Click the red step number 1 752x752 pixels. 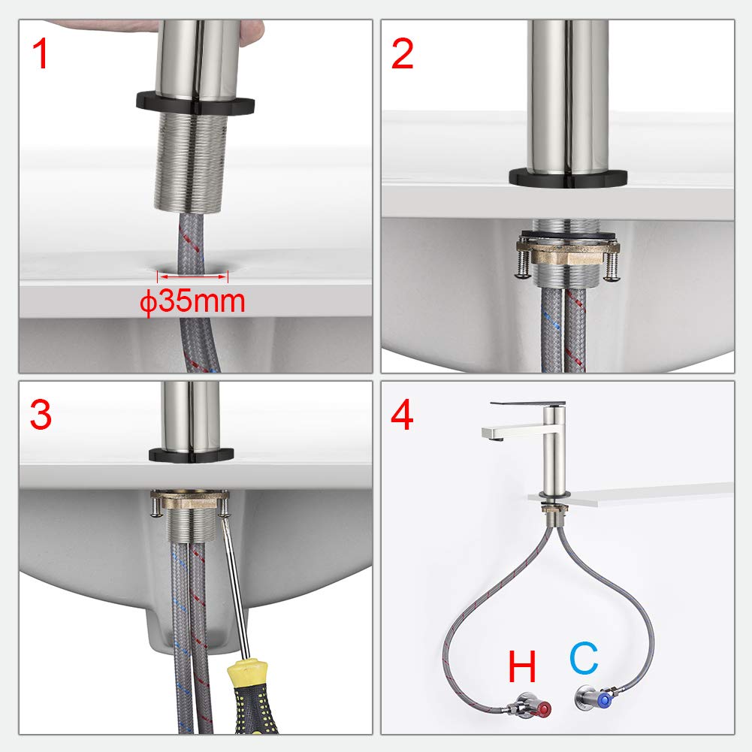[x=41, y=53]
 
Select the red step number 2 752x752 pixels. [x=402, y=53]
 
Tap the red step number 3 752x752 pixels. [x=41, y=415]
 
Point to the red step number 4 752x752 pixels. [x=402, y=415]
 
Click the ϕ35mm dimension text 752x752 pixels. [x=192, y=302]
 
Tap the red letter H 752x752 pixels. [x=522, y=666]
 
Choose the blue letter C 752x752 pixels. [x=584, y=658]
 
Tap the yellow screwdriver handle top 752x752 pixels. [x=246, y=672]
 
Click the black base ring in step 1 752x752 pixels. [x=195, y=103]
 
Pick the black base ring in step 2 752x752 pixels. [x=568, y=178]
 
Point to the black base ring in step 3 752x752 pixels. [x=191, y=455]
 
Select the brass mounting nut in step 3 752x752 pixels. [x=190, y=500]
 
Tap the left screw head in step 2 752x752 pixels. [x=522, y=274]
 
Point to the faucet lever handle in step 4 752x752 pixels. [x=527, y=404]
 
